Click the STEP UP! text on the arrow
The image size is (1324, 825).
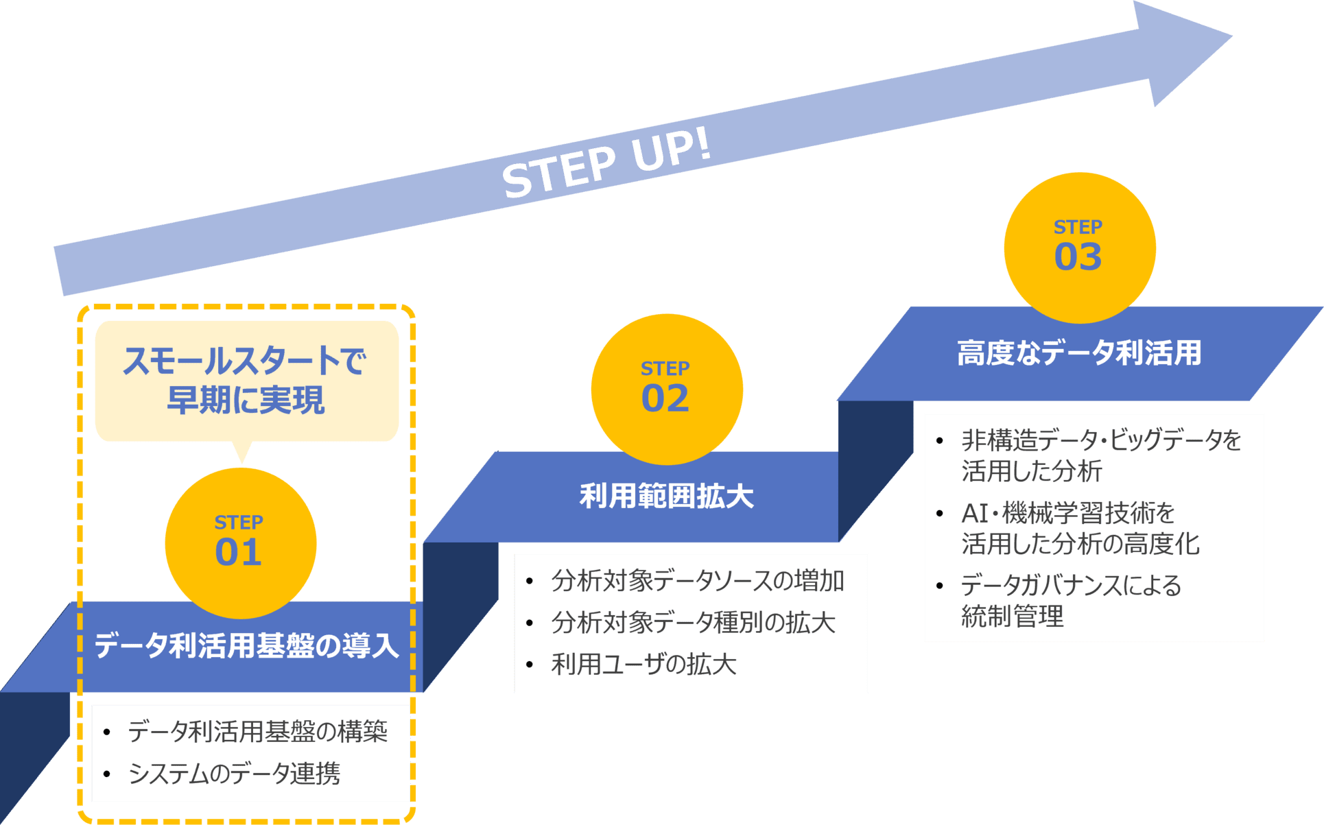click(x=606, y=165)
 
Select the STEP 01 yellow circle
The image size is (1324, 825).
click(x=240, y=542)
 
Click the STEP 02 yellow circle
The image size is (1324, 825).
click(x=666, y=389)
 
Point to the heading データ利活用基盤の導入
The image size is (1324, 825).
click(x=246, y=646)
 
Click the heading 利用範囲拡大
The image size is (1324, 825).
click(x=666, y=496)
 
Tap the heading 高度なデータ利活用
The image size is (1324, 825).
click(x=1079, y=353)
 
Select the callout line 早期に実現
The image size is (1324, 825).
click(x=246, y=400)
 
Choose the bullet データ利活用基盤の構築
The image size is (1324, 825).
click(x=257, y=732)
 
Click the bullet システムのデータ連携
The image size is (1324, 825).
click(x=234, y=774)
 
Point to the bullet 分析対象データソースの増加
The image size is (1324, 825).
click(x=697, y=581)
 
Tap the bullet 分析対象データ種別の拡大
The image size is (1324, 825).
click(x=693, y=623)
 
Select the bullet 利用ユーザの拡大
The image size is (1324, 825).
click(x=643, y=664)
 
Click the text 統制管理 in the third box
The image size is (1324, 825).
click(x=1012, y=616)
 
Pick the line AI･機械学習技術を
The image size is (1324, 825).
click(x=1068, y=512)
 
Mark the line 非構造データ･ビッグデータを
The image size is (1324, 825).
click(x=1101, y=440)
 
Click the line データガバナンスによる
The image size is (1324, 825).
click(x=1071, y=585)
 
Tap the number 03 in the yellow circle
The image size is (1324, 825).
click(x=1078, y=257)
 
